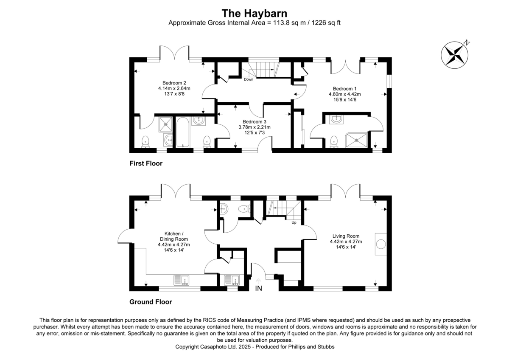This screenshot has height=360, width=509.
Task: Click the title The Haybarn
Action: (255, 13)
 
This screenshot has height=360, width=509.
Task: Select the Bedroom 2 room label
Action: (174, 83)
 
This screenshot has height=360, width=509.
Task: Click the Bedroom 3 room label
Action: (254, 121)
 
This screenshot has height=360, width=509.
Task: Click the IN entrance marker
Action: (258, 289)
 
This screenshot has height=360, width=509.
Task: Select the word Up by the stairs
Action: (294, 222)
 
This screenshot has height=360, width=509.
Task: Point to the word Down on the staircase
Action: (249, 79)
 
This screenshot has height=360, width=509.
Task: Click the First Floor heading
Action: (146, 163)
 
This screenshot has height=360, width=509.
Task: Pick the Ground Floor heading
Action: (151, 302)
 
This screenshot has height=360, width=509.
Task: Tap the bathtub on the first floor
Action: (183, 132)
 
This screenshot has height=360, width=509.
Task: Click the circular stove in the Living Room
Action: (381, 244)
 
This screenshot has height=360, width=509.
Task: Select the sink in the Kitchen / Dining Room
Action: (182, 280)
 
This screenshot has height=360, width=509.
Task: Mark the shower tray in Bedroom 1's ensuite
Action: (356, 138)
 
